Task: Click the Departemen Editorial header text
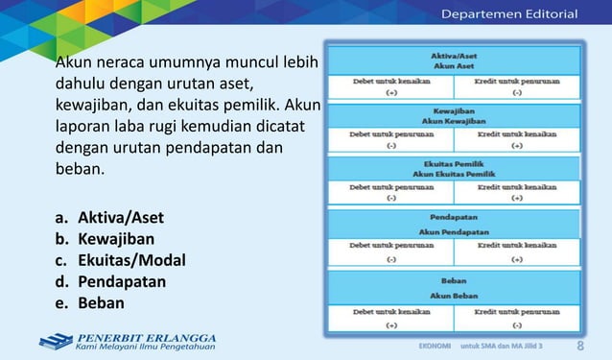[x=508, y=13]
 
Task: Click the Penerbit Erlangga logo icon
[x=56, y=342]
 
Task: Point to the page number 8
[x=580, y=346]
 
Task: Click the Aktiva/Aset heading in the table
[x=455, y=55]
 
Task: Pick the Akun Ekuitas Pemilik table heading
[x=455, y=175]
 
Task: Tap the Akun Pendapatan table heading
[x=455, y=231]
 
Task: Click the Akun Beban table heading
[x=455, y=295]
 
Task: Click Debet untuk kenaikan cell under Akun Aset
[x=389, y=82]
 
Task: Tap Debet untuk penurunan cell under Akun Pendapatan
[x=389, y=245]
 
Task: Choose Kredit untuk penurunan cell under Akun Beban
[x=516, y=312]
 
